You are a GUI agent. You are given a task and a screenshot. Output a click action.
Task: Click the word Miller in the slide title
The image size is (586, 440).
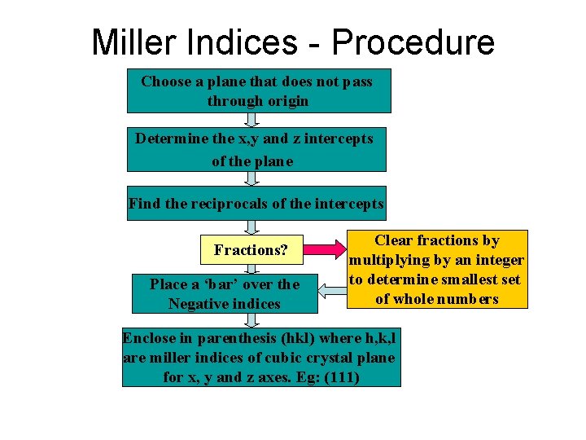tap(138, 42)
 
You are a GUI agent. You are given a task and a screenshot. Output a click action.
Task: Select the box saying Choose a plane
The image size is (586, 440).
tap(258, 90)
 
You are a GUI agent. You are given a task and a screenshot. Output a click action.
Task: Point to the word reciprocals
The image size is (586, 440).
tap(235, 204)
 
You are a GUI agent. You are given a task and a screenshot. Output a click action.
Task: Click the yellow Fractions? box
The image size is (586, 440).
tap(251, 250)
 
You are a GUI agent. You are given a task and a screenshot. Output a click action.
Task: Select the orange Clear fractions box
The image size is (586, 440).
tap(436, 269)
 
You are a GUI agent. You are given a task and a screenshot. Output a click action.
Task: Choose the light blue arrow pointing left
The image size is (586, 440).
tap(332, 287)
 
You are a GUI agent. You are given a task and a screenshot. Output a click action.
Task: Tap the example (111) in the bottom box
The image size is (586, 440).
tap(341, 377)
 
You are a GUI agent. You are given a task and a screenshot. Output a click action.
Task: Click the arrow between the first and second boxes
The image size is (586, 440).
tap(251, 119)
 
